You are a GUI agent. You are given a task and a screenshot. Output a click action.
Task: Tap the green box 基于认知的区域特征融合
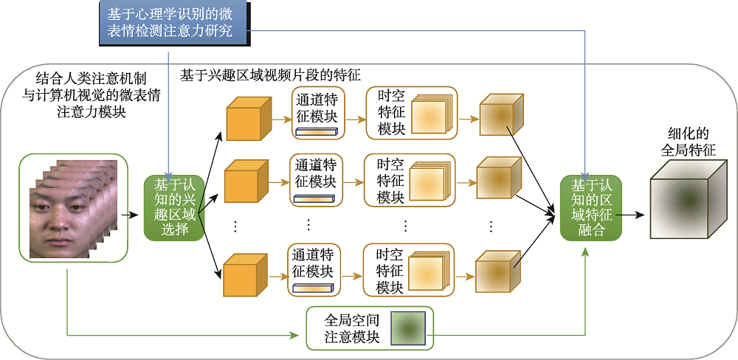point(591,207)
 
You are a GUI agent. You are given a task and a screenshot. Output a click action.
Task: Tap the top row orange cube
point(243,120)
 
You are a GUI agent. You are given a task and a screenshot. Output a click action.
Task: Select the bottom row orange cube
point(241,273)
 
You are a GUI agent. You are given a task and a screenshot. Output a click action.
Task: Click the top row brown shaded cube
point(499,116)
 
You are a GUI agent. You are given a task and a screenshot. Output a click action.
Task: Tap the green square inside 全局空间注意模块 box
point(407,328)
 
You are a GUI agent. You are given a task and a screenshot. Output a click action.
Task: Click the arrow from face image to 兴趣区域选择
point(131,215)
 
